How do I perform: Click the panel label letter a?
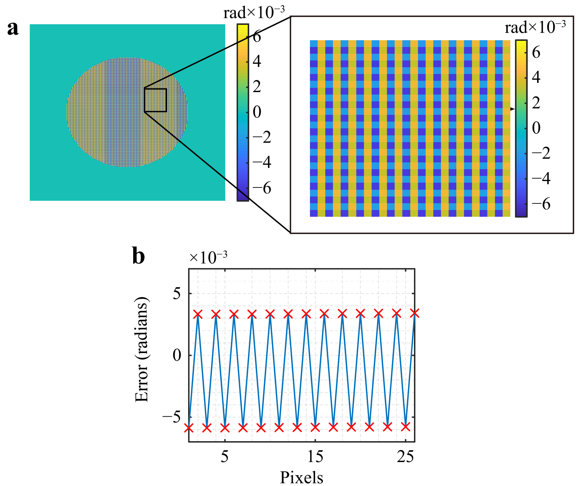click(x=13, y=29)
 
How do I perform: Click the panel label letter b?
click(x=138, y=256)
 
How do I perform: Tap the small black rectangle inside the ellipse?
click(x=155, y=100)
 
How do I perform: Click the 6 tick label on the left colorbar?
click(x=257, y=37)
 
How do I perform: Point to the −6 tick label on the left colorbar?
click(x=262, y=188)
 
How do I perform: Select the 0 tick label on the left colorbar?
click(x=257, y=112)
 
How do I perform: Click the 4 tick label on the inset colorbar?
click(x=536, y=77)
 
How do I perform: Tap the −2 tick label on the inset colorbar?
click(x=541, y=153)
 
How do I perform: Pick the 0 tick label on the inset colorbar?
click(x=536, y=128)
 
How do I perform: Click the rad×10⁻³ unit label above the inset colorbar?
click(x=535, y=27)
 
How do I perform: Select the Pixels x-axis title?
click(x=302, y=477)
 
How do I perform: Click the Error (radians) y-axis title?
click(x=142, y=349)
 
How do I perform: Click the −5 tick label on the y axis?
click(x=172, y=417)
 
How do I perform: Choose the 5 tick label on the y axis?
click(x=177, y=294)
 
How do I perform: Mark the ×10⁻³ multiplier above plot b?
click(x=208, y=257)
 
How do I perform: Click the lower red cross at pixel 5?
click(x=225, y=427)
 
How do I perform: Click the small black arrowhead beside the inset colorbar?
click(x=512, y=109)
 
